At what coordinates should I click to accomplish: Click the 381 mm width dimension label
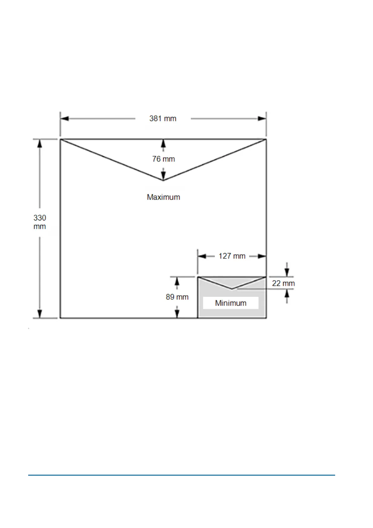tap(163, 119)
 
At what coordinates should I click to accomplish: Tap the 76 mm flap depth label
tap(163, 159)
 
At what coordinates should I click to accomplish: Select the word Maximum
tap(163, 197)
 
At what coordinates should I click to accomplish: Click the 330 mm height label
tap(40, 222)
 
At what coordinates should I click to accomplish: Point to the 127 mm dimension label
tap(232, 256)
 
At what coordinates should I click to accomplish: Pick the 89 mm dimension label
tap(177, 297)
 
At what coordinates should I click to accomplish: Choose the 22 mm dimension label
tap(283, 283)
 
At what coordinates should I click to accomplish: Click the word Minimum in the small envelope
tap(231, 303)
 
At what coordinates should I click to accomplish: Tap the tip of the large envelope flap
tap(163, 180)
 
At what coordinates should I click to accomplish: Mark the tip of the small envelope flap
tap(232, 288)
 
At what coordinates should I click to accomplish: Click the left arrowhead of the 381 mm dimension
tap(65, 119)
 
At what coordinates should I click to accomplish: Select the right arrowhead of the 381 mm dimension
tap(262, 119)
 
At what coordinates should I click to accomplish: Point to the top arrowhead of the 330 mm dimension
tap(40, 143)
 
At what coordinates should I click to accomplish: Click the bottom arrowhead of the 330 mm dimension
tap(40, 314)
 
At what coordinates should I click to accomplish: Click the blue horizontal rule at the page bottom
tap(181, 475)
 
